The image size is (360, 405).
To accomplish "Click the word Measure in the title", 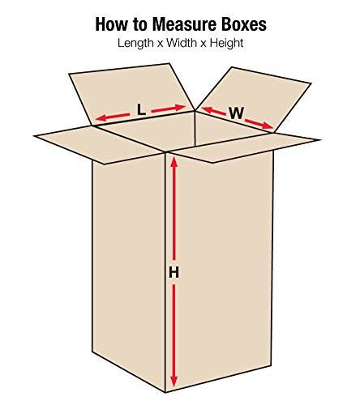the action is [184, 24].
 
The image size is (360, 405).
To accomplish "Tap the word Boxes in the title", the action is [244, 24].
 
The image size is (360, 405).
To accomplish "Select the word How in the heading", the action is [111, 24].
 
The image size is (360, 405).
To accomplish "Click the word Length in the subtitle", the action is [135, 43].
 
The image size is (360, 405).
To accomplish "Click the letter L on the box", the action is [141, 110].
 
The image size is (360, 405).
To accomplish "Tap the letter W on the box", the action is [237, 113].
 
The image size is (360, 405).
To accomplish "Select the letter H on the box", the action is [174, 272].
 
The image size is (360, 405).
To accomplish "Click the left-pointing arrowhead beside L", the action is [101, 118].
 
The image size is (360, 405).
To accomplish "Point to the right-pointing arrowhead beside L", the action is [180, 108].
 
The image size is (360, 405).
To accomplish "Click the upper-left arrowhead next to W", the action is [207, 110].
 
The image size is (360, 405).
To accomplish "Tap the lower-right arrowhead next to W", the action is [268, 126].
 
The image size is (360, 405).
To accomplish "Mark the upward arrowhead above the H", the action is [174, 162].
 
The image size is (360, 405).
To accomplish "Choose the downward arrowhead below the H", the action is [174, 381].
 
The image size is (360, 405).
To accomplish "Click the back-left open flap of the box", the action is [131, 94].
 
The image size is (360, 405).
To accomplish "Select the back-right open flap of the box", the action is [254, 99].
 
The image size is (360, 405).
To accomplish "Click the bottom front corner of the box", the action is [165, 392].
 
